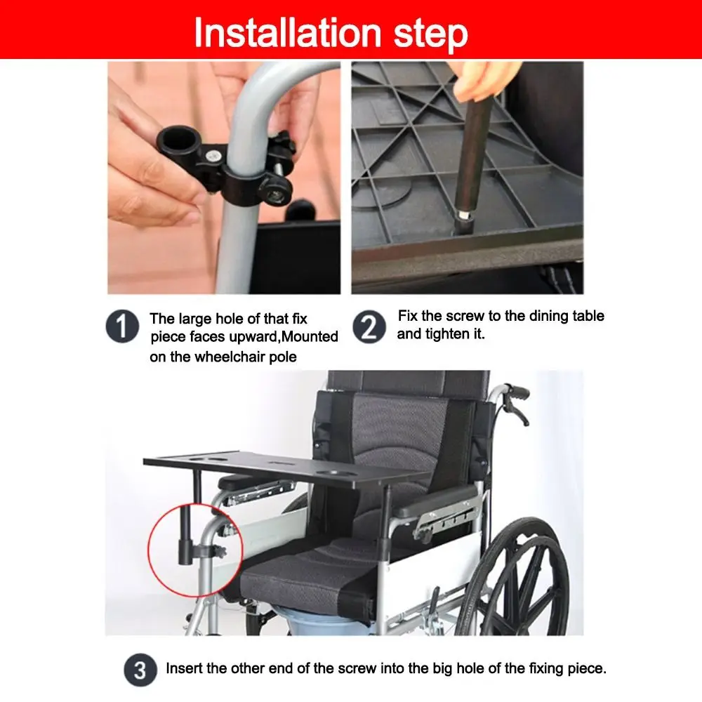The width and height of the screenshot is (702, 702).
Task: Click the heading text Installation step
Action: point(331,32)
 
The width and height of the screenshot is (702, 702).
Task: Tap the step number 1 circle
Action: point(122,328)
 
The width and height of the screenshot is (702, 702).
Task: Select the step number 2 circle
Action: point(369,327)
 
